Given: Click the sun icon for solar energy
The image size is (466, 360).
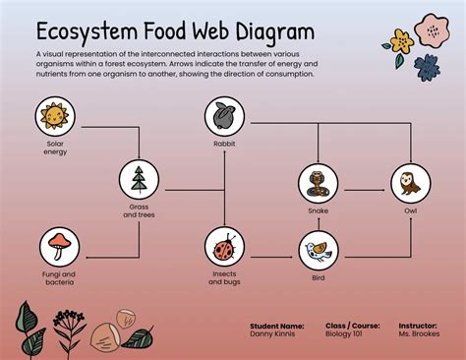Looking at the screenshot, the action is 54,118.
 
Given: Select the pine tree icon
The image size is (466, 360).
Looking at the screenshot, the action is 138,180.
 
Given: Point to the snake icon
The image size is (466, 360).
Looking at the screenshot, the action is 318,182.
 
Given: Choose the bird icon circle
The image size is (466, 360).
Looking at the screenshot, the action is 318,249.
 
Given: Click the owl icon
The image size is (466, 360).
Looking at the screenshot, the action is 410,182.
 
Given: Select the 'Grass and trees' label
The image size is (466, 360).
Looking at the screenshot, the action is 138,211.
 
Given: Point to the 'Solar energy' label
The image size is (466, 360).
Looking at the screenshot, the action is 54,148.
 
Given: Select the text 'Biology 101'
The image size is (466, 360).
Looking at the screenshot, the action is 343,332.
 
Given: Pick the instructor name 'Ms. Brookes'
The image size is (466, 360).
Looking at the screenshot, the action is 420,332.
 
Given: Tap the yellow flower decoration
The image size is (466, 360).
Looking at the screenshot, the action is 400,42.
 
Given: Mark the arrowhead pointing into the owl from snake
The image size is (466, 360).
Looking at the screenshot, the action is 385,183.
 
